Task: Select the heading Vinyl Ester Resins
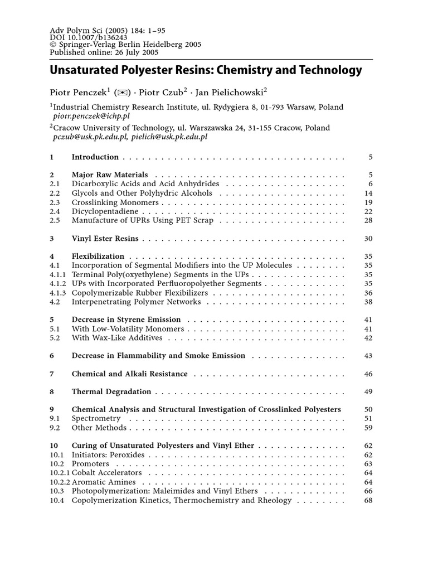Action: click(x=105, y=239)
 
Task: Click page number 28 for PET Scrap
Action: click(x=368, y=221)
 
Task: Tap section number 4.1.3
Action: click(x=58, y=293)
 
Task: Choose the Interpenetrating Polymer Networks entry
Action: click(x=136, y=302)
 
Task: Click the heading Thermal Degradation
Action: click(x=111, y=392)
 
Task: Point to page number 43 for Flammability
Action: click(x=368, y=356)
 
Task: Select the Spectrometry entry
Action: click(x=96, y=418)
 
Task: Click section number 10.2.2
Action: click(x=59, y=482)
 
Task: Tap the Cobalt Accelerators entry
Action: click(x=106, y=473)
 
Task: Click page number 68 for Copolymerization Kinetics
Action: click(x=368, y=500)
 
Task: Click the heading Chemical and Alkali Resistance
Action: click(x=129, y=374)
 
